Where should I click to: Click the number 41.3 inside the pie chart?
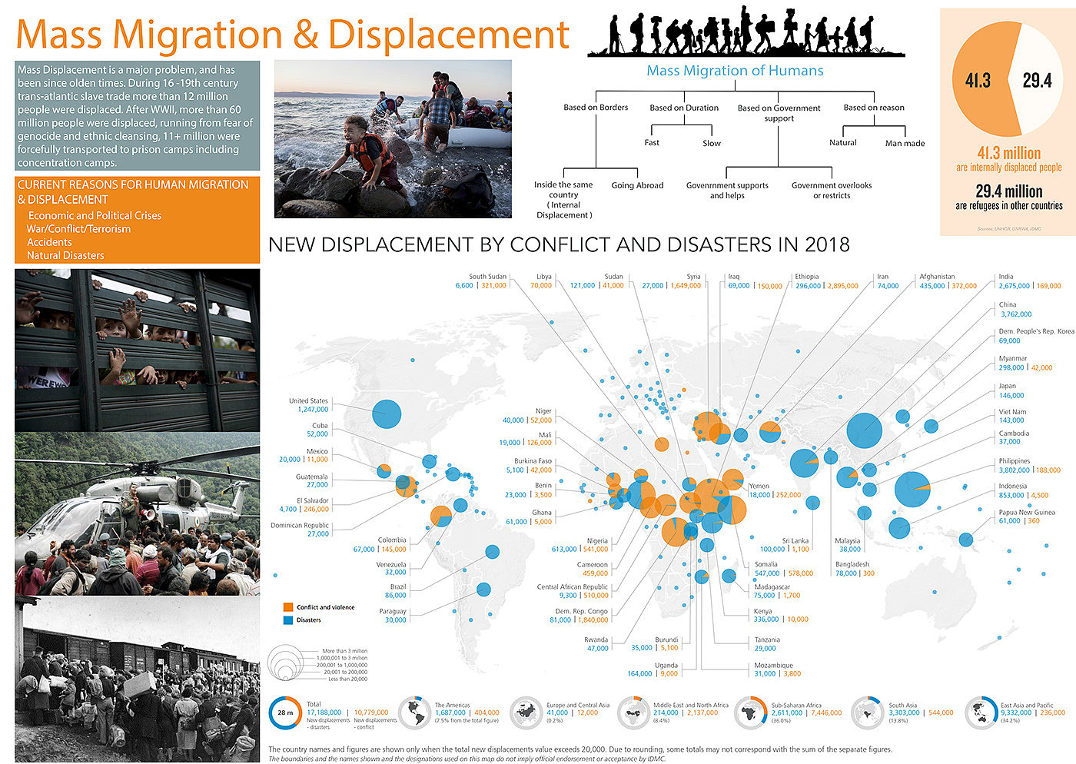(978, 81)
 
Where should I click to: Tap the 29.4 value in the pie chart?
(1037, 81)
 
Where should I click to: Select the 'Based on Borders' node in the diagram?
(596, 108)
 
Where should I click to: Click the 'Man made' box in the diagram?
(905, 144)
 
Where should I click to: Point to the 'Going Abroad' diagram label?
(637, 185)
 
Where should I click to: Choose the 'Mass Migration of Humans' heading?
(735, 71)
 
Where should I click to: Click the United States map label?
(308, 400)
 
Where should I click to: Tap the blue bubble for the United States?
(387, 414)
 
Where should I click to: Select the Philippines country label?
(1015, 461)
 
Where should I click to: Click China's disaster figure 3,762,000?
(1015, 314)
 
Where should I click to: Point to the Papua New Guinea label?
(1027, 512)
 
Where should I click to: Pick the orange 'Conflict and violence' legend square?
(288, 607)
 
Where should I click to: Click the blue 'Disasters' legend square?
(288, 620)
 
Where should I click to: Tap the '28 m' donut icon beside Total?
(285, 713)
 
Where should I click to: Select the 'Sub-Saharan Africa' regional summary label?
(796, 705)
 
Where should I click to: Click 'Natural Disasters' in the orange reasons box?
(65, 255)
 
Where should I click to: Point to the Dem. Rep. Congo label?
(582, 611)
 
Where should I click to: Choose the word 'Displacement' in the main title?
(449, 35)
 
